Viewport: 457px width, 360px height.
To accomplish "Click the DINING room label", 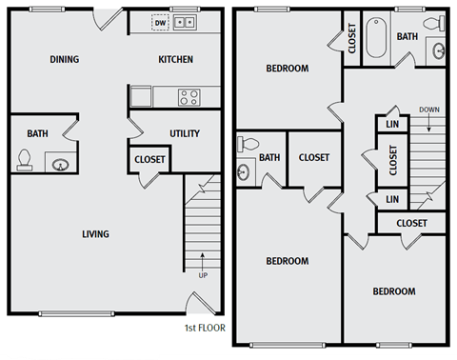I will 65,59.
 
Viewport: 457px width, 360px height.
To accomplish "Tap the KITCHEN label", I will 175,59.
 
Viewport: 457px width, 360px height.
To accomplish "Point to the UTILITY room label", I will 184,133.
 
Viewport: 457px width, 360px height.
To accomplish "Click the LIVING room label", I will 95,234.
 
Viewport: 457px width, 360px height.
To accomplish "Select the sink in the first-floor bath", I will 61,164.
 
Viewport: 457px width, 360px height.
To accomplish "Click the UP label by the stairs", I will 203,276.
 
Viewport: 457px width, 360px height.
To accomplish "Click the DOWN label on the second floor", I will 427,110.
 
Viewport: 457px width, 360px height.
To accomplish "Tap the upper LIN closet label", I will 392,125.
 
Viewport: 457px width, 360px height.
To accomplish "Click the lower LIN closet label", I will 392,199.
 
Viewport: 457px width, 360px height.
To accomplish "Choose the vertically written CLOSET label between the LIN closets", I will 392,162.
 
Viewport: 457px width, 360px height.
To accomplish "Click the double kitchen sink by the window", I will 185,22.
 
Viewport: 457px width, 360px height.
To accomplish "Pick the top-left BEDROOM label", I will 287,69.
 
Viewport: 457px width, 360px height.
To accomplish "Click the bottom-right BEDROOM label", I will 393,291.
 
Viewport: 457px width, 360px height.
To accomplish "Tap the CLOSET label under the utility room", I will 149,160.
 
